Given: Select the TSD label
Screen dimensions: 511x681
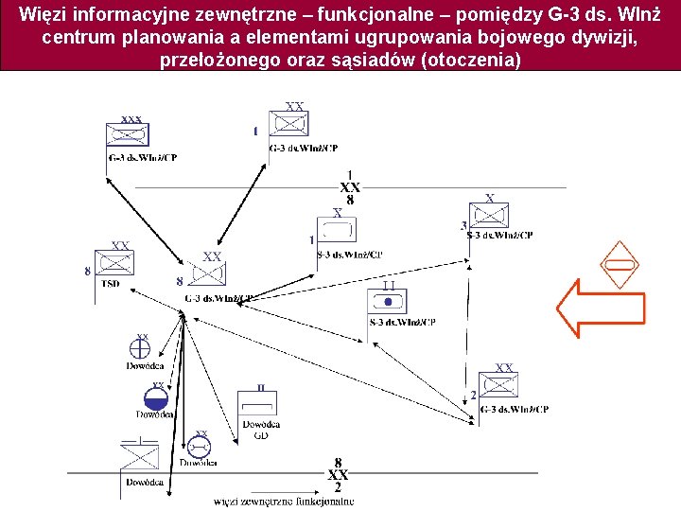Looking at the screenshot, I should (x=111, y=283).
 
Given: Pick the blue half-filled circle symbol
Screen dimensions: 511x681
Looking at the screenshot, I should (x=155, y=398).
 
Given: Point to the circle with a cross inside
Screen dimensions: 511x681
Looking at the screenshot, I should (x=142, y=349).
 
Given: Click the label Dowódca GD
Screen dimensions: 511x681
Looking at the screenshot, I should (x=260, y=430).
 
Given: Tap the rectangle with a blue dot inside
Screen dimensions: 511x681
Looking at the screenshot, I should (x=387, y=303).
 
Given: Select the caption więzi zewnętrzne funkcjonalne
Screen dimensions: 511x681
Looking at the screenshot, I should (x=284, y=502).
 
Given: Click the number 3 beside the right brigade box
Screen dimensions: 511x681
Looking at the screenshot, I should (x=463, y=225).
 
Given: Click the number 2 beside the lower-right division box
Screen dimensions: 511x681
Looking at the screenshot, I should (x=473, y=395).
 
